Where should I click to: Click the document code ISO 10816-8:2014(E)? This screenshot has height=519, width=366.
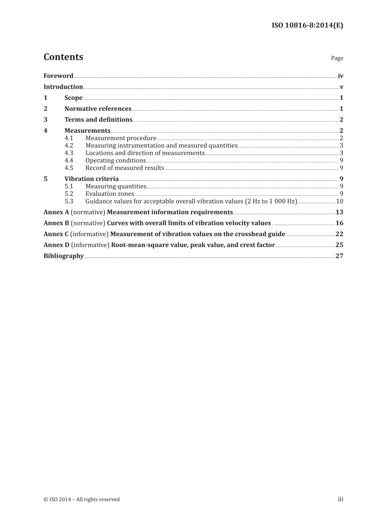tap(307, 25)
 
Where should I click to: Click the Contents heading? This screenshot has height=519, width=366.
tap(63, 57)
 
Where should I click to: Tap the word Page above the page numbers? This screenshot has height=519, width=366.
tap(337, 58)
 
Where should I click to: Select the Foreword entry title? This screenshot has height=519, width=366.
tap(58, 76)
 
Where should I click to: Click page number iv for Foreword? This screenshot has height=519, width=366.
tap(340, 76)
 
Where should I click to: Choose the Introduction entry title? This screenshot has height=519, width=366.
tap(63, 87)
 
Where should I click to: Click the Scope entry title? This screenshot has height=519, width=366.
tap(73, 98)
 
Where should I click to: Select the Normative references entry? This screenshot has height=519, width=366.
tap(98, 109)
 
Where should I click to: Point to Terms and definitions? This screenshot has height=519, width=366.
tap(98, 120)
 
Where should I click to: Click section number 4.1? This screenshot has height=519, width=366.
tap(69, 138)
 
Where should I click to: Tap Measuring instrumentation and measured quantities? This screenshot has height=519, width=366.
tap(161, 145)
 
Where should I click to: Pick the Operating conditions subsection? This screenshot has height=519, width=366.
tap(116, 161)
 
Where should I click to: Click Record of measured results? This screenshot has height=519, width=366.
tap(124, 168)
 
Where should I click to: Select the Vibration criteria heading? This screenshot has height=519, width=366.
tap(91, 179)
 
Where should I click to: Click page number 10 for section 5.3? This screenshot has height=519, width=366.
tap(339, 201)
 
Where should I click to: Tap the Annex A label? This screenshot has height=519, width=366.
tap(56, 212)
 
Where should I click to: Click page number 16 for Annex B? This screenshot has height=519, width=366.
tap(339, 223)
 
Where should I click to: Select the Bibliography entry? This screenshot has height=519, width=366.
tap(64, 256)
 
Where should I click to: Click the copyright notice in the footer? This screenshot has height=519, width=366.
tap(82, 499)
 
